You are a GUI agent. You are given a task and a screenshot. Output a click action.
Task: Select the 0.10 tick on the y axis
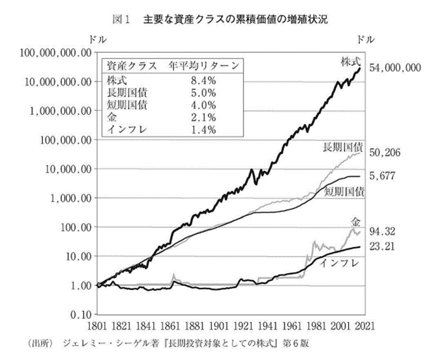(79, 314)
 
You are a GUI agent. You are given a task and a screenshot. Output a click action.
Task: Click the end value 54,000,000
(395, 67)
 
